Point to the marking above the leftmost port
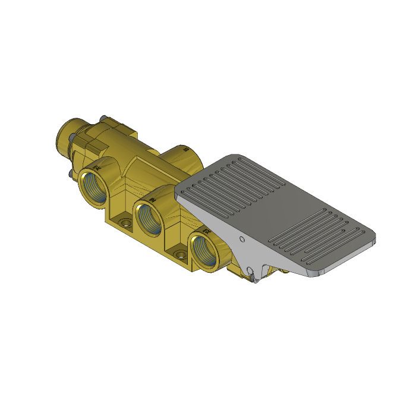(x=97, y=168)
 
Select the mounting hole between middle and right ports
(x=178, y=256)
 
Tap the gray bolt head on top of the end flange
(x=104, y=118)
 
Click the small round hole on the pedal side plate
(x=241, y=239)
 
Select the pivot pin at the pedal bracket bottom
(x=254, y=275)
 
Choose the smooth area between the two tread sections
(x=279, y=211)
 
